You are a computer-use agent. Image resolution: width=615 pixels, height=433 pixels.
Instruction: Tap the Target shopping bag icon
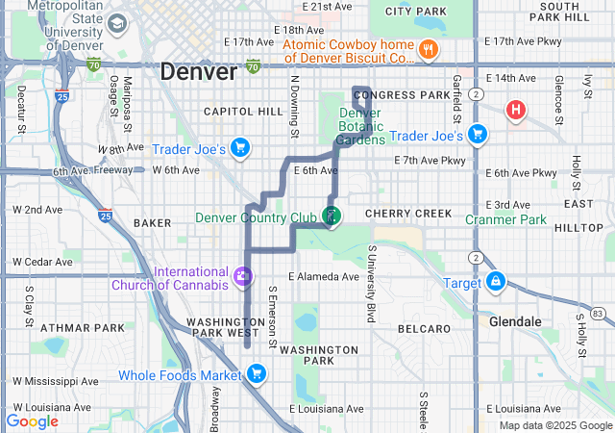496,282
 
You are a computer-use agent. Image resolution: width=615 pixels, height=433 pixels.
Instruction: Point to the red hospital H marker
516,110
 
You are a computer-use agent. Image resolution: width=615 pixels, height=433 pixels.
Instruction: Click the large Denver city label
198,72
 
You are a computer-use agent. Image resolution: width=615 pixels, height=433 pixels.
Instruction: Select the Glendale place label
515,321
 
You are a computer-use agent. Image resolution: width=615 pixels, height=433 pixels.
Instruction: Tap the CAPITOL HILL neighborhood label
243,112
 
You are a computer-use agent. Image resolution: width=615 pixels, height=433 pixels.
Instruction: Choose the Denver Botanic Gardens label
361,126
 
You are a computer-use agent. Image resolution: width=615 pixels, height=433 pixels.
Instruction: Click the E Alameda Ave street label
323,277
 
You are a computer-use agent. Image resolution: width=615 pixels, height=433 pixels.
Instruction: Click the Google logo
32,420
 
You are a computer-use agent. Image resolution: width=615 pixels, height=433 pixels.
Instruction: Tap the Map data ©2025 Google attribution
555,425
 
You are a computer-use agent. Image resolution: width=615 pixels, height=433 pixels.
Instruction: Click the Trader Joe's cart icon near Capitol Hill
240,148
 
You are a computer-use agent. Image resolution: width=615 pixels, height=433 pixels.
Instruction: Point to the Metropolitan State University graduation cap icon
117,23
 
